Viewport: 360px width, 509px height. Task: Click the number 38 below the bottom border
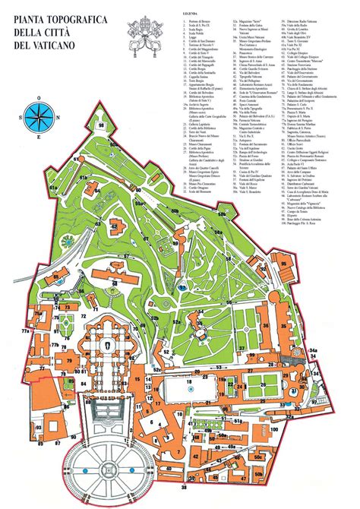[x=184, y=488]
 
